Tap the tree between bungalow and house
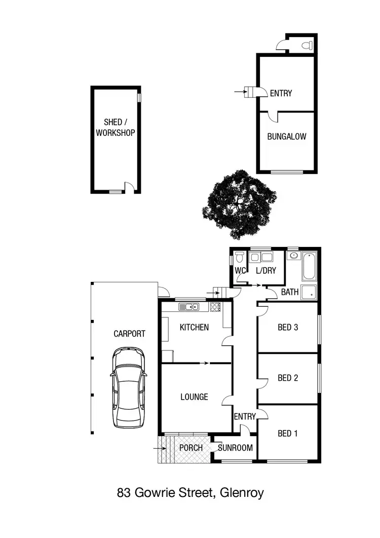coord(239,204)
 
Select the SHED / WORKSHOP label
coord(116,128)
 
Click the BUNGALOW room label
coord(287,136)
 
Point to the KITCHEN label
coord(194,328)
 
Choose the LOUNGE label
coord(194,397)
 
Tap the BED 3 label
coord(288,328)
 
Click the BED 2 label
coord(288,378)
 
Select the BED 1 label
coord(288,434)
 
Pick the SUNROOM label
coord(235,448)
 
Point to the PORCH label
coord(191,448)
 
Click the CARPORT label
coord(129,334)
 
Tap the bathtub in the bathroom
coord(309,267)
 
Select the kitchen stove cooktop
coord(215,306)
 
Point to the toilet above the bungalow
coord(306,45)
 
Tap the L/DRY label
coord(266,271)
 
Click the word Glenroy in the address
coord(242,492)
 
